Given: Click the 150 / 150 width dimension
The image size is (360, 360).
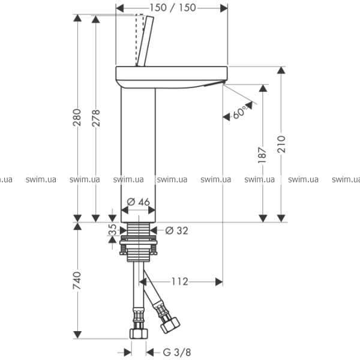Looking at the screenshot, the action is coord(173,8).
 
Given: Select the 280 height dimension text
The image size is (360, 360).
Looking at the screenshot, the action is coord(77,118).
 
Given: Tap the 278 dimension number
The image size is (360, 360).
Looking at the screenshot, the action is coord(96,118).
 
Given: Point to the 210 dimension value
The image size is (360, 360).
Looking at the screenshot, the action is coord(281,144).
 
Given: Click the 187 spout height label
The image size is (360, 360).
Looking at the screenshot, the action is coord(262,155).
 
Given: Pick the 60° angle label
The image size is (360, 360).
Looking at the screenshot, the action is coord(240,113).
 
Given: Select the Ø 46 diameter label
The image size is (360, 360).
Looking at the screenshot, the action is coord(138,202).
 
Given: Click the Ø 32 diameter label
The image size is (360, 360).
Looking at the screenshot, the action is coord(176,230).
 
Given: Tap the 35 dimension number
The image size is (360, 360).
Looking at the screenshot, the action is coord(112,229).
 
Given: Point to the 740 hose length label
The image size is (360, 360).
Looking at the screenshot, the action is coord(77,280).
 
